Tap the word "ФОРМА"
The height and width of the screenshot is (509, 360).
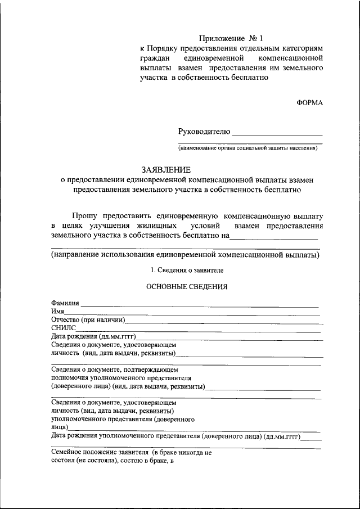310,103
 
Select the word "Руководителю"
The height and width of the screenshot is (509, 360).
204,132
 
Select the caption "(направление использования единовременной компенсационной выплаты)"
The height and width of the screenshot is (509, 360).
185,255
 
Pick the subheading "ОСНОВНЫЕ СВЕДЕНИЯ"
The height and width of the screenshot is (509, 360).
187,286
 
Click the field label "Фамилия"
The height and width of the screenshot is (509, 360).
65,304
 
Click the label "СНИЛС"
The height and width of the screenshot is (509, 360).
62,328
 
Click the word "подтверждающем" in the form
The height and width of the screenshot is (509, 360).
152,370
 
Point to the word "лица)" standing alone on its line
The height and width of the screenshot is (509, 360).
60,427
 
